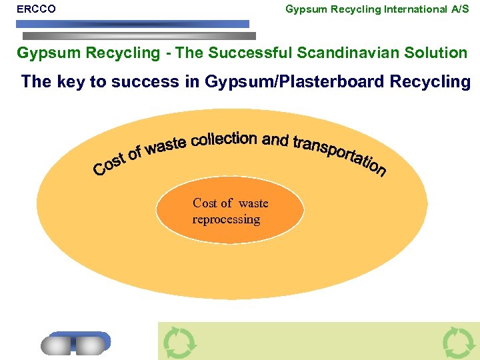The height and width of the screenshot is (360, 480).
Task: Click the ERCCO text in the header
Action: pos(36,9)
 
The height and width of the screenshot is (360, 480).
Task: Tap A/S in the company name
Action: pos(460,9)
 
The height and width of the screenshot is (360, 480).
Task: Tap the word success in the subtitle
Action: pos(141,82)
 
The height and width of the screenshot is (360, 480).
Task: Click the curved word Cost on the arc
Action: pos(109,164)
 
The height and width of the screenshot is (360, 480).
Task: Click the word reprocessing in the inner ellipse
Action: pos(226,219)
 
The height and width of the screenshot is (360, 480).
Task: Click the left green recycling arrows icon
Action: pos(179,342)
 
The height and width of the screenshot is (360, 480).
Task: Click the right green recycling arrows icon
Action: pos(459,342)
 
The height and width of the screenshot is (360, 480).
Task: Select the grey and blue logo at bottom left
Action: pos(75,342)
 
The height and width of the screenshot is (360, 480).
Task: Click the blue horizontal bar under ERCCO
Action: pos(133,24)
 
